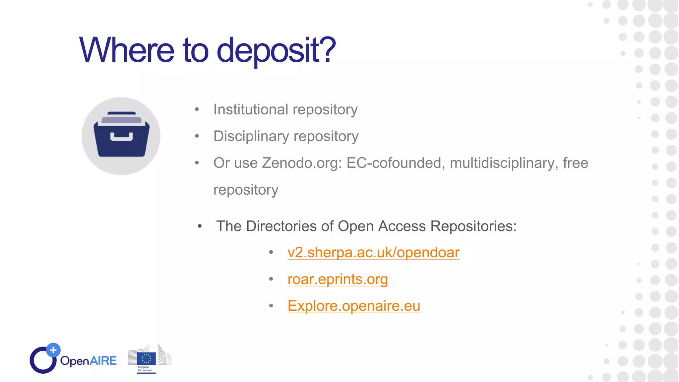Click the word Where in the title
click(126, 50)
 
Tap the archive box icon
click(121, 136)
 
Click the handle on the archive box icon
click(121, 137)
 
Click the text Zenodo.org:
click(302, 163)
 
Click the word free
click(576, 163)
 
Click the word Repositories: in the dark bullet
click(473, 226)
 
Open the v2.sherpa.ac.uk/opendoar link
click(373, 253)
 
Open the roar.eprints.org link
click(338, 279)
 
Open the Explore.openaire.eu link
click(354, 306)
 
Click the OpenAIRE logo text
click(88, 360)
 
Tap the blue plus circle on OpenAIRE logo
click(53, 350)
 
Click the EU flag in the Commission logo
click(146, 358)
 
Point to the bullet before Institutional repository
click(197, 109)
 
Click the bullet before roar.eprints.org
click(271, 279)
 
